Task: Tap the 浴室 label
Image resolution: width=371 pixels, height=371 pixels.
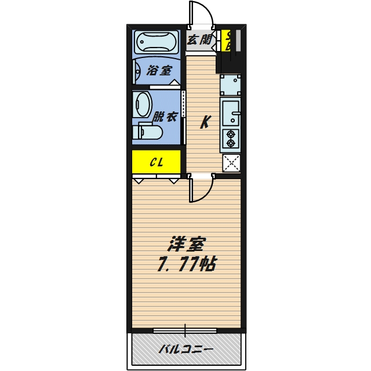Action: click(159, 71)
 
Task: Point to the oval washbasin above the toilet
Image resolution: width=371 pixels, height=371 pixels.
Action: click(143, 105)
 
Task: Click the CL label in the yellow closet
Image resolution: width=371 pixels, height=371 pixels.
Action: click(156, 162)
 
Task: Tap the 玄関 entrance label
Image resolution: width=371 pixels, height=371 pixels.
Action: click(199, 40)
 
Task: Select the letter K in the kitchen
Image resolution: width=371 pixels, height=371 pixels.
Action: click(205, 122)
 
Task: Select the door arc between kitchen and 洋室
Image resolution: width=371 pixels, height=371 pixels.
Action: click(202, 190)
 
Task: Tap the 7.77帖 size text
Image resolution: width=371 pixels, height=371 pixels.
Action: click(186, 265)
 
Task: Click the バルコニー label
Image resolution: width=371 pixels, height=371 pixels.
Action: click(185, 349)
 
